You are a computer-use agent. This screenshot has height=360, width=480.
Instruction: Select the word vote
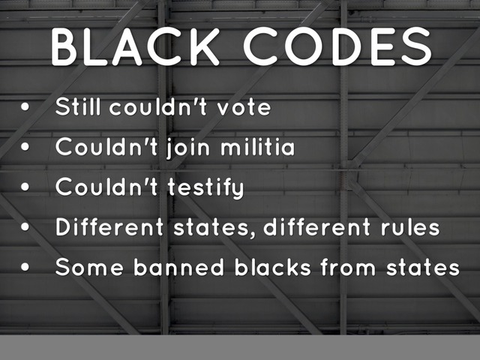coord(244,107)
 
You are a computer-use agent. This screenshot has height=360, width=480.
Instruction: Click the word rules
coord(408,227)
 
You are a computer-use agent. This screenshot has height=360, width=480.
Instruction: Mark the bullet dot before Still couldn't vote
coord(26,108)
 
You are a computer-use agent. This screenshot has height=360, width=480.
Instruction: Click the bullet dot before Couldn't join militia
coord(26,148)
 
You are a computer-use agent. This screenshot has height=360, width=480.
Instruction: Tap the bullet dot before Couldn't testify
coord(26,188)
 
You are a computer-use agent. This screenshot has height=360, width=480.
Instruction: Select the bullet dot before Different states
coord(26,228)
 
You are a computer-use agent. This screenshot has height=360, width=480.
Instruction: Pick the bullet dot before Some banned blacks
coord(26,268)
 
